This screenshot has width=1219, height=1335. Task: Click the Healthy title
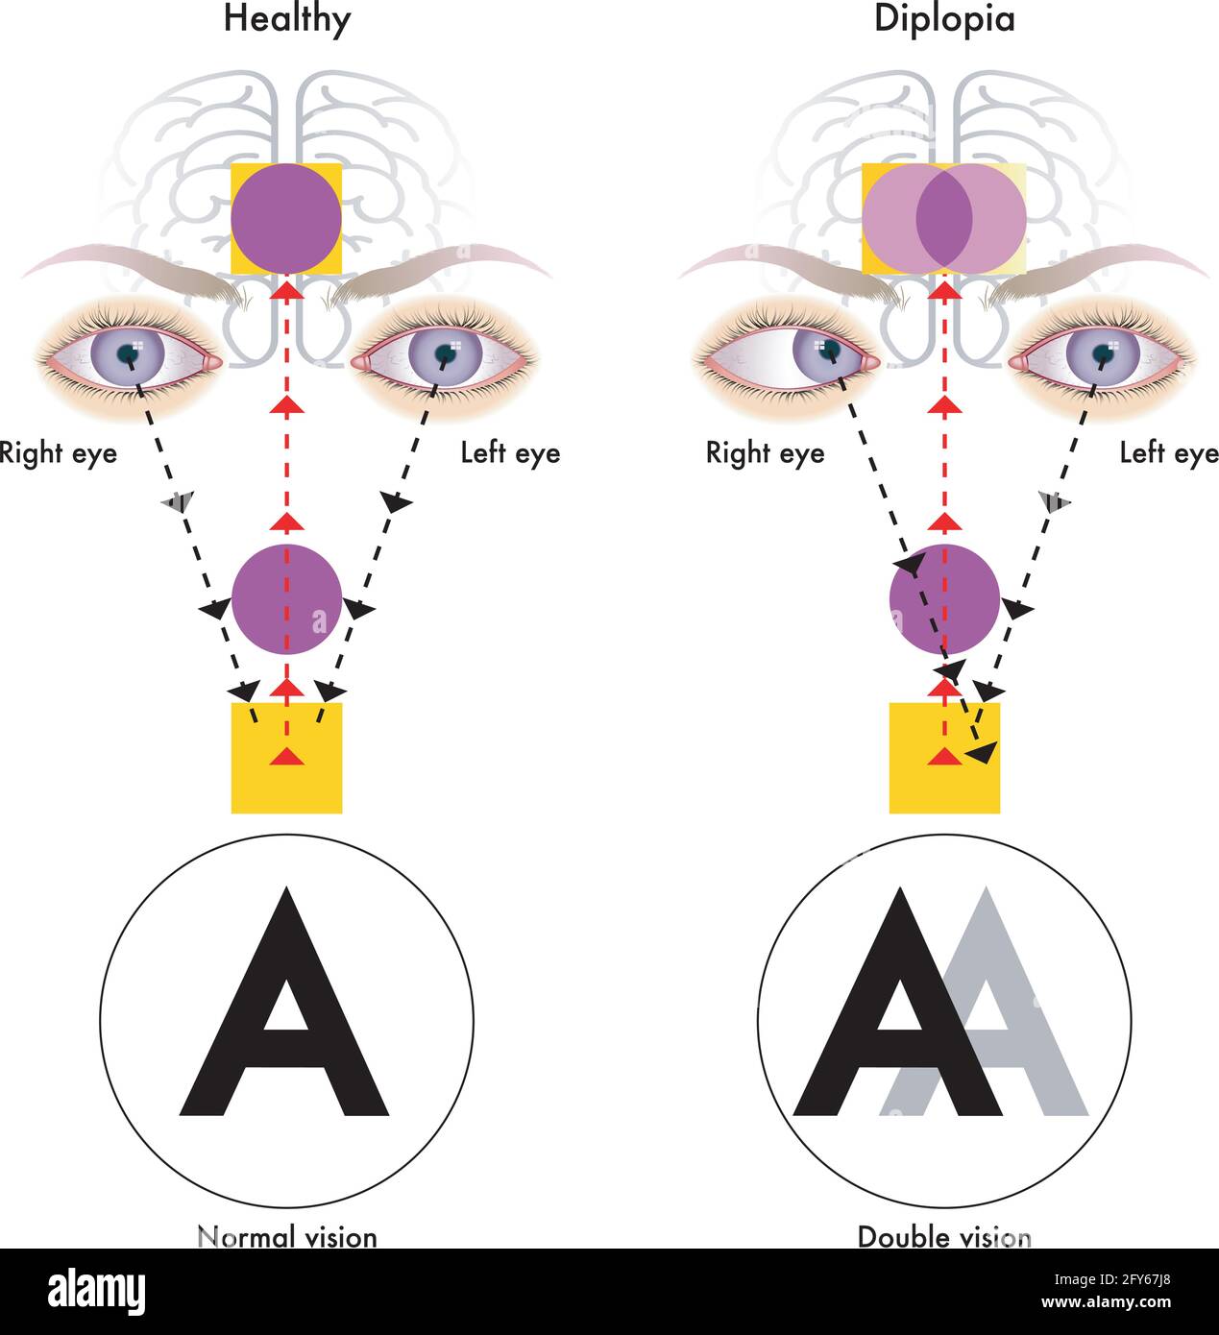286,18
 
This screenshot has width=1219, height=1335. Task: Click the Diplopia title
943,18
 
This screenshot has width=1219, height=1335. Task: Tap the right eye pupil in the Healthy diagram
128,353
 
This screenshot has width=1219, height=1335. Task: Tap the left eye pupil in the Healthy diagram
445,353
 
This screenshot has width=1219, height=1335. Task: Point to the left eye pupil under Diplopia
1103,353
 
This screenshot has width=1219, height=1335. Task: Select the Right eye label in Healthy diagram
58,452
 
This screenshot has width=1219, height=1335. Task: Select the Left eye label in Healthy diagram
510,452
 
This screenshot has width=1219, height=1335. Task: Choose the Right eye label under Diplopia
765,452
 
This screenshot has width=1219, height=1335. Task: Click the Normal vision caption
286,1235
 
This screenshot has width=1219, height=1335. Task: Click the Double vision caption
943,1235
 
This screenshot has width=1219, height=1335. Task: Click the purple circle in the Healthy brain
286,218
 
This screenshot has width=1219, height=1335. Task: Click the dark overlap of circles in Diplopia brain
944,218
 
